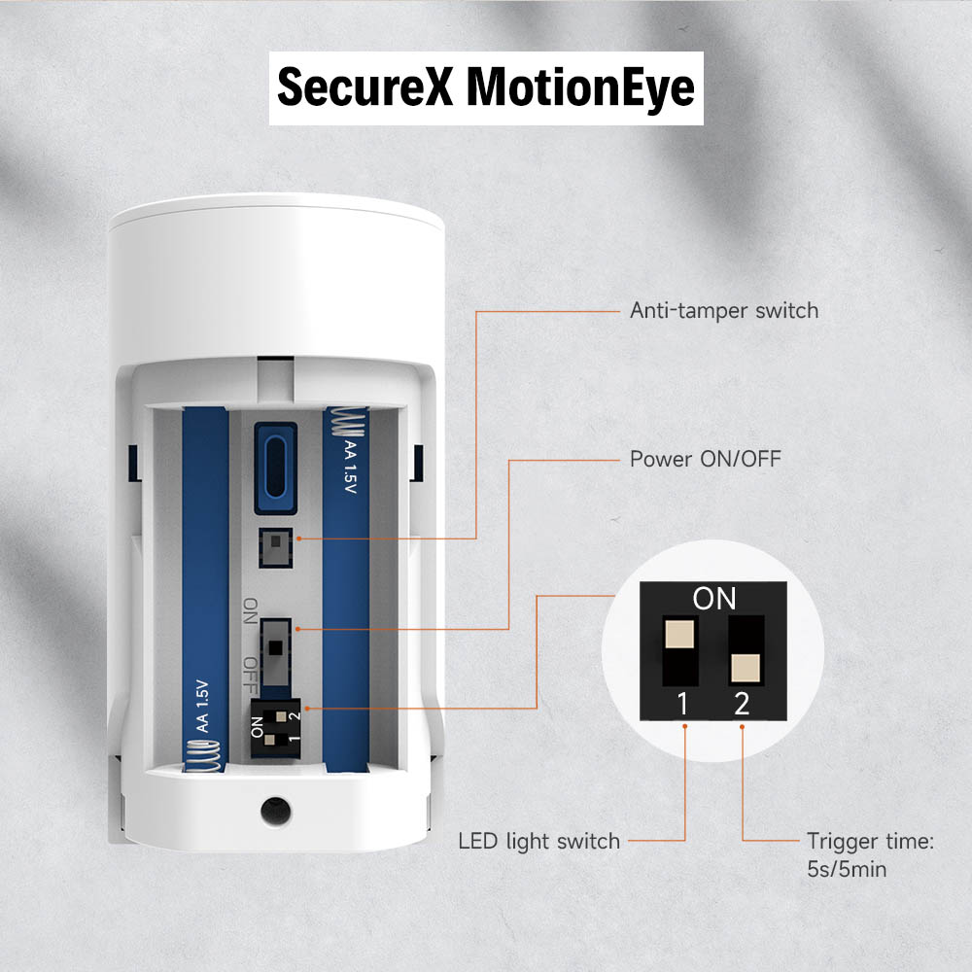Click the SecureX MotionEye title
tap(486, 87)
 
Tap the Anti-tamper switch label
tap(724, 311)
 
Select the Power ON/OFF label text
tap(705, 458)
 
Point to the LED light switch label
tap(538, 841)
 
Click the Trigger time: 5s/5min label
tap(870, 854)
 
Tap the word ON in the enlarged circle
tap(714, 599)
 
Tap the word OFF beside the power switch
tap(250, 672)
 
